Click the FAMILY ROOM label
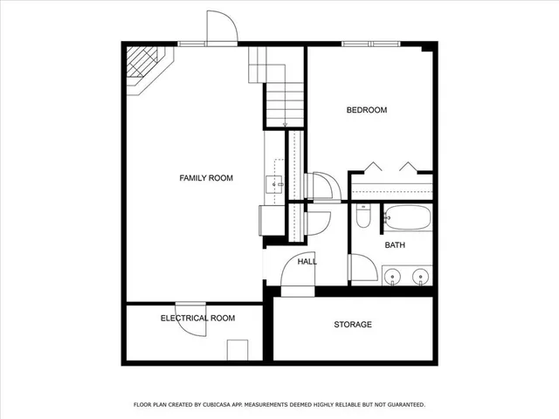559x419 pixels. click(206, 178)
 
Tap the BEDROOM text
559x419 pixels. click(367, 110)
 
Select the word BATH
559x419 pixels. click(396, 245)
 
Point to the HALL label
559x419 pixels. click(307, 261)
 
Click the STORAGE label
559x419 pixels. click(353, 325)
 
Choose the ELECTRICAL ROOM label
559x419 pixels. click(197, 318)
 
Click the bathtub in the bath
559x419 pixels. click(407, 216)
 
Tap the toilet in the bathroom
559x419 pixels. click(364, 215)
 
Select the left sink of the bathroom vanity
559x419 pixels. click(394, 278)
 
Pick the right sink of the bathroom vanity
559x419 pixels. click(421, 278)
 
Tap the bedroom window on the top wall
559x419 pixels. click(371, 44)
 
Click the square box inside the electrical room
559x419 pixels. click(238, 350)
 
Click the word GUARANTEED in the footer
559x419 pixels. click(402, 405)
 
